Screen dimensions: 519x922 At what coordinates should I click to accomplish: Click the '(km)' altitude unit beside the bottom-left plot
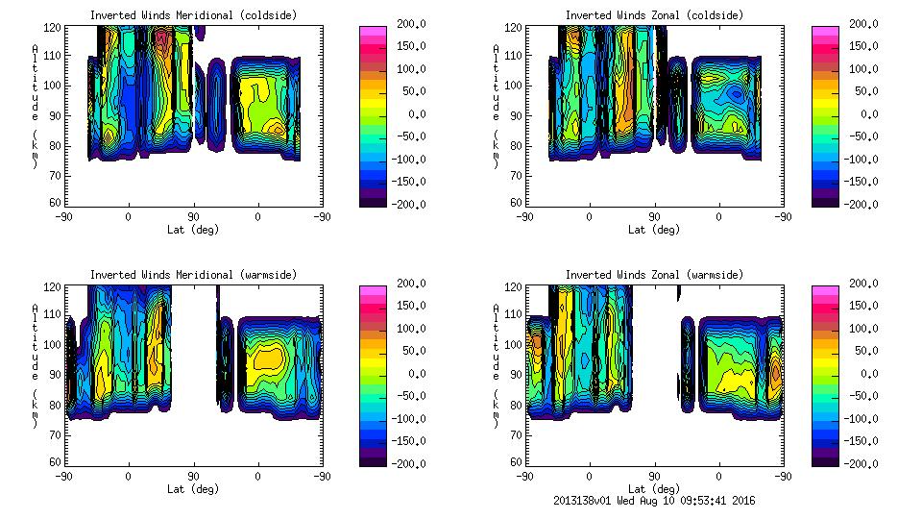click(x=36, y=405)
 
